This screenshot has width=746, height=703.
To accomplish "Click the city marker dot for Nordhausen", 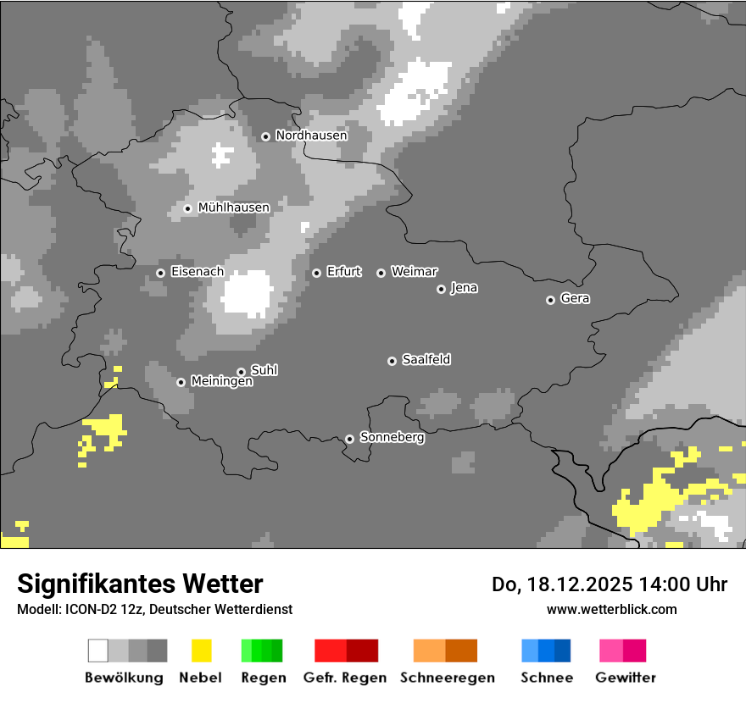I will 265,136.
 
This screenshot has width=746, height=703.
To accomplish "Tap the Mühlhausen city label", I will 233,208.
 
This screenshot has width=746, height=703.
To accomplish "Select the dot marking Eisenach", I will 160,273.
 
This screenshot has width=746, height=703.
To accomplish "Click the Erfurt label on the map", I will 343,272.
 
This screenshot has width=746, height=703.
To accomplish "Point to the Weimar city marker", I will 381,273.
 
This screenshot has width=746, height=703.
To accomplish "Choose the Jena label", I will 464,288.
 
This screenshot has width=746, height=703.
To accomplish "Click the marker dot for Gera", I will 550,300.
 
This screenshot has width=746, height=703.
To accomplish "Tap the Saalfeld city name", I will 426,360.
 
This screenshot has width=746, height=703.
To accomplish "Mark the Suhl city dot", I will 241,372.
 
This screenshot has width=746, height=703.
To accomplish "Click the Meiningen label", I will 221,382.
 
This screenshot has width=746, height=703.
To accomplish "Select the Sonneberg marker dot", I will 349,439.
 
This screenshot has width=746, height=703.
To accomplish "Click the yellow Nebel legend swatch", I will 201,650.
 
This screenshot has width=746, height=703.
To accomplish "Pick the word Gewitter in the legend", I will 625,678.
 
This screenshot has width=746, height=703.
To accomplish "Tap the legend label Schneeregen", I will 447,678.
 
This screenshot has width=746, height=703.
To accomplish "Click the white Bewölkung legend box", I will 98,650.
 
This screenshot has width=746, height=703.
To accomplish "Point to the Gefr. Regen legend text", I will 344,678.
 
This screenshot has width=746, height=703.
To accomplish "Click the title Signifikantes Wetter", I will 140,584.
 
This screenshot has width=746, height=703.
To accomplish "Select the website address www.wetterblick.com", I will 611,609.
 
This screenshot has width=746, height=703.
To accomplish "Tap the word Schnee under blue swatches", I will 547,678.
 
